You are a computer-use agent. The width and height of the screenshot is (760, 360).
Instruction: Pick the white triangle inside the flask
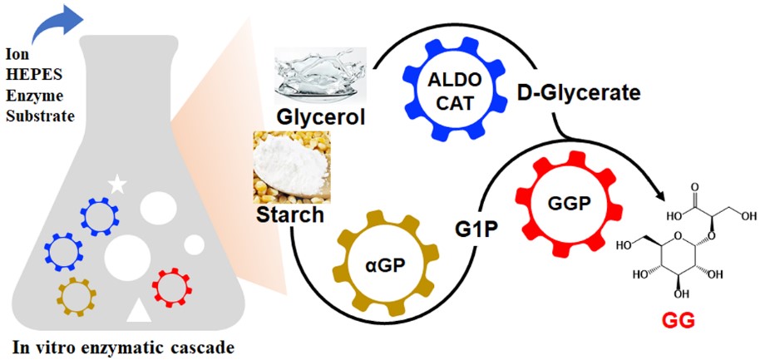139,311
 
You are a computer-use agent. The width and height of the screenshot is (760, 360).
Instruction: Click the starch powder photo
293,167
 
